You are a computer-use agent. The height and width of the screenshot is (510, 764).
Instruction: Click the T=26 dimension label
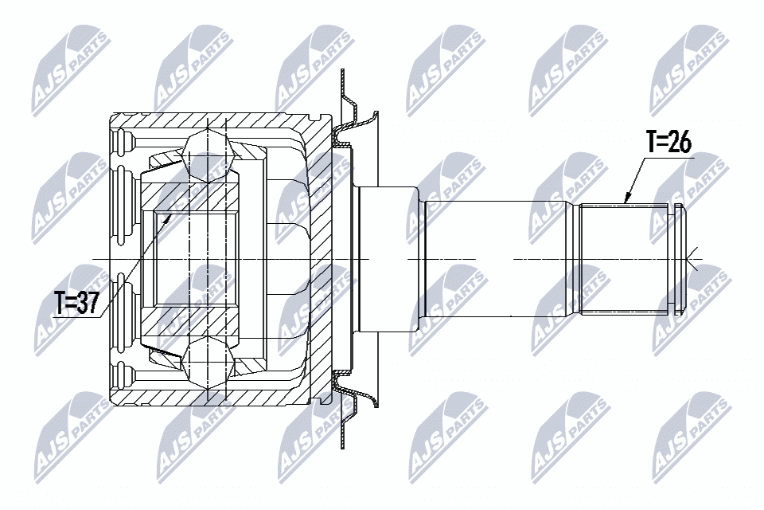[x=668, y=142]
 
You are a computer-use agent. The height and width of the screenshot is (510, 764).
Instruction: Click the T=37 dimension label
[x=77, y=303]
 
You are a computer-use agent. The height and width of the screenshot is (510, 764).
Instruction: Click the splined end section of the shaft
[x=628, y=259]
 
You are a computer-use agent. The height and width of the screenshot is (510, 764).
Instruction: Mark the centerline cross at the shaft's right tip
[x=692, y=259]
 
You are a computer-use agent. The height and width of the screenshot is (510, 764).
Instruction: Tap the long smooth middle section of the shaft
[x=494, y=259]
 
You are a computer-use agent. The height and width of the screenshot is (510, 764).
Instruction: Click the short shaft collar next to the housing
[x=388, y=259]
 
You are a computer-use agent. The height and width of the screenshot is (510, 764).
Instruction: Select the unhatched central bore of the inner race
[x=195, y=259]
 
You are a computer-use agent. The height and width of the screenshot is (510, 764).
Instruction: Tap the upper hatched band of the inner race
[x=189, y=197]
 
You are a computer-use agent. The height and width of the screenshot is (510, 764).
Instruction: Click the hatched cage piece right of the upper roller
[x=249, y=151]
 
